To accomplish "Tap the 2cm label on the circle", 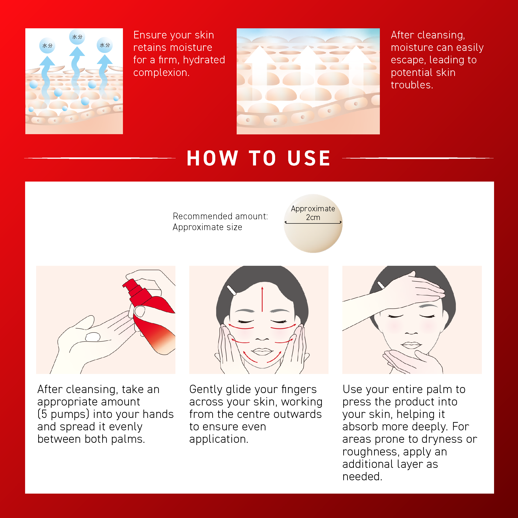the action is click(x=313, y=217).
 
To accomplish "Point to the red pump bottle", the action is click(x=149, y=316).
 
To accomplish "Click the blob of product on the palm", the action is click(x=93, y=336).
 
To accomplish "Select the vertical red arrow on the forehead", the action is click(x=262, y=299).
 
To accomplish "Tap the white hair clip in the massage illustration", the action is click(x=231, y=290).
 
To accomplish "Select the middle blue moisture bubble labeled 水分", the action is click(x=77, y=37).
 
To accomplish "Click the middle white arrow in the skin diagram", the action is click(x=308, y=75).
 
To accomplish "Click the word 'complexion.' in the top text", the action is click(x=161, y=72).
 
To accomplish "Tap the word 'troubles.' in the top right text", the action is click(x=412, y=85).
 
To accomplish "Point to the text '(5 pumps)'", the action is click(x=63, y=414).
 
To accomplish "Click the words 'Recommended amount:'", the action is click(x=220, y=216).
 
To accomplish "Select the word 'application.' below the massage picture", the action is click(x=219, y=439).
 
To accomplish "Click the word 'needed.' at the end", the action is click(x=362, y=476).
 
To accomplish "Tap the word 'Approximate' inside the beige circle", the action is click(x=313, y=208).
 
